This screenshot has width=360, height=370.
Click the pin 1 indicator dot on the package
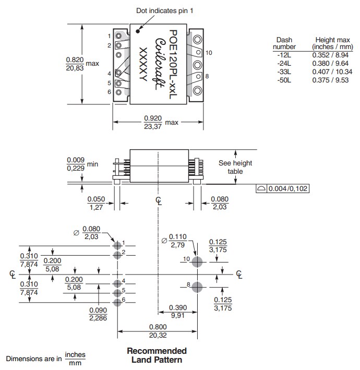(138, 30)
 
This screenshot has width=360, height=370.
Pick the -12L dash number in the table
(283, 55)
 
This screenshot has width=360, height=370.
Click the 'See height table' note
(235, 167)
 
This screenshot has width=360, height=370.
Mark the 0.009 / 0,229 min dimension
(76, 164)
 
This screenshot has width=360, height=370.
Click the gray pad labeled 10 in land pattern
(197, 262)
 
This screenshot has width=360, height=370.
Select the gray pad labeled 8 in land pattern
(197, 287)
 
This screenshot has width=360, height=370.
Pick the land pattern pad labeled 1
(117, 244)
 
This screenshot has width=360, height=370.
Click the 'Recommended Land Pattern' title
(157, 355)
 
